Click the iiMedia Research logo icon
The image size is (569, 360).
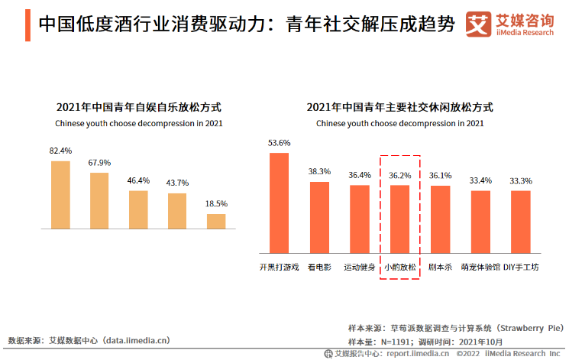point(479,24)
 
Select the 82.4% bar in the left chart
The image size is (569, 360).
point(60,194)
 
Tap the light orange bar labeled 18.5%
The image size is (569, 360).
point(216,221)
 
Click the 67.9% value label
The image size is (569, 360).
point(100,162)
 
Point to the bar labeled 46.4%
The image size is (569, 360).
point(138,209)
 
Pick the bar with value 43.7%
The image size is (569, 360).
point(177,210)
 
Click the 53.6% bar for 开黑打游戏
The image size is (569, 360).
point(280,202)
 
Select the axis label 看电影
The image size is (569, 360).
point(319,267)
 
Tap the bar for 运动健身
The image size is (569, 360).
point(360,218)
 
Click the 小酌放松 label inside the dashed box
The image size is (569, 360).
point(400,267)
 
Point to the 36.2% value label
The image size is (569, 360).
point(400,175)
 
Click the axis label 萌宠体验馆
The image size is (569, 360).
point(480,267)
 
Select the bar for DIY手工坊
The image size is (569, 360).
point(521,221)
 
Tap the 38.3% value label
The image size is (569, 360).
point(319,171)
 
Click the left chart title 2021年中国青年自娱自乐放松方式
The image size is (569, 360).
point(138,107)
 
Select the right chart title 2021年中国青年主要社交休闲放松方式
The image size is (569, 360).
point(399,107)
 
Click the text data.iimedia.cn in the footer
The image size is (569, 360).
point(137,340)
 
